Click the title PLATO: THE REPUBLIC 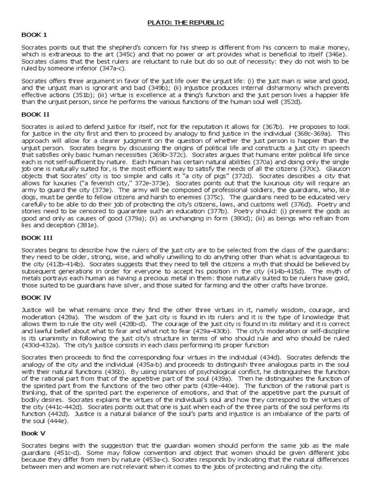click(x=186, y=22)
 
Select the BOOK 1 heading click(x=34, y=35)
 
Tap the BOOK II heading click(x=35, y=114)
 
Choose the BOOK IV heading click(x=35, y=297)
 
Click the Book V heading click(x=33, y=433)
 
